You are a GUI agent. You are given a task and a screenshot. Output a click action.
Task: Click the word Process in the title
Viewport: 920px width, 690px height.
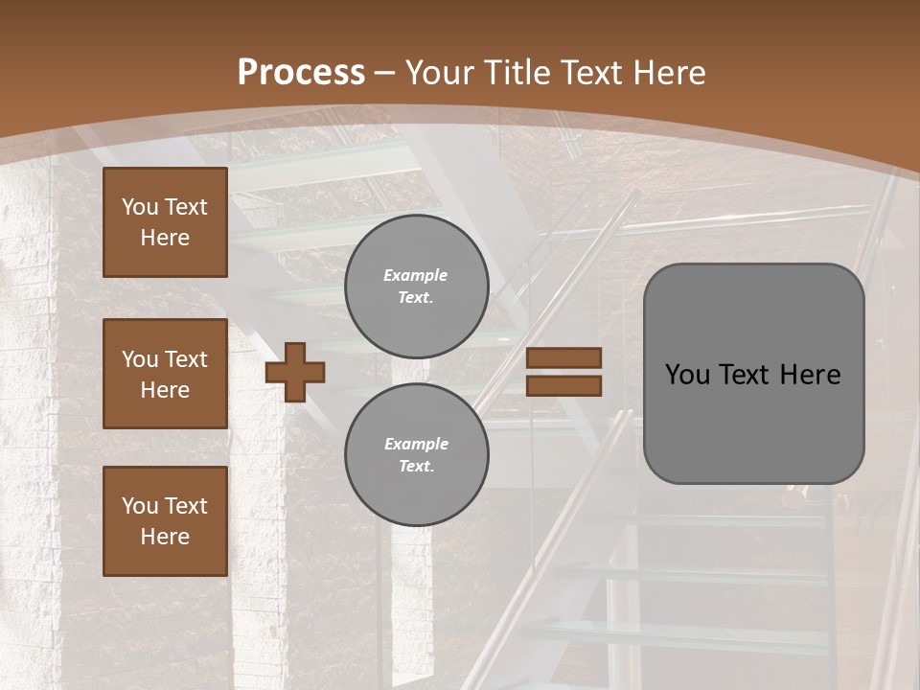(301, 73)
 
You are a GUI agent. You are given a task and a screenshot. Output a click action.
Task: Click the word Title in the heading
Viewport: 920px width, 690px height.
(517, 73)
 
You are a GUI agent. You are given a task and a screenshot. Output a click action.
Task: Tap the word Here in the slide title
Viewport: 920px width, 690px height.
(667, 73)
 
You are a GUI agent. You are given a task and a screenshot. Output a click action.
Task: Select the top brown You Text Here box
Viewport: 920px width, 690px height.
(165, 222)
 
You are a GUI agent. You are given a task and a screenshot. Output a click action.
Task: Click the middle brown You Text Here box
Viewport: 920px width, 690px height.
(165, 374)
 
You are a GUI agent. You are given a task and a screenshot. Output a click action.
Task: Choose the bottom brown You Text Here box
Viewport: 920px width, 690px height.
(165, 521)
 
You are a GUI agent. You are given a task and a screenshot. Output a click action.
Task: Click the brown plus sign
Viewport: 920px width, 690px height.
(294, 372)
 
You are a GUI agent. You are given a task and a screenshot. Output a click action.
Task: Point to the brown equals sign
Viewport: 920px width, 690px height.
(564, 372)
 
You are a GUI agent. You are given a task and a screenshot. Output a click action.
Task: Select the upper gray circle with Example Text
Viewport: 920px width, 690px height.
(417, 286)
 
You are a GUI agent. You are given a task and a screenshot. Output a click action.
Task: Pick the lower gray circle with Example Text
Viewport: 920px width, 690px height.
(417, 454)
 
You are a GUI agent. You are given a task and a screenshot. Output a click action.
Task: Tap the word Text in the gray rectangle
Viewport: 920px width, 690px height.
(745, 375)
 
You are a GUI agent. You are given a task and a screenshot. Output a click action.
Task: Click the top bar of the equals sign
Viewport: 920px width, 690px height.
(564, 358)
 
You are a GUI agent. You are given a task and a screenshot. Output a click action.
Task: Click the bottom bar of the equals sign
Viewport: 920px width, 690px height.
(564, 385)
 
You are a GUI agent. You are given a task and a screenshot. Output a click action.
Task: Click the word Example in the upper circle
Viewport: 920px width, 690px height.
(416, 275)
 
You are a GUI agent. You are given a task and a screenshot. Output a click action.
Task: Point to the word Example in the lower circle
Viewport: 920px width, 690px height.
(416, 444)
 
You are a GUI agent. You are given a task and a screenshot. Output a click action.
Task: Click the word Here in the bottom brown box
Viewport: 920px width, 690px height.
(165, 537)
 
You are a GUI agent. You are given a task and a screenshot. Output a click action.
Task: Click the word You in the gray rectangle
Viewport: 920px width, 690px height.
(687, 375)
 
